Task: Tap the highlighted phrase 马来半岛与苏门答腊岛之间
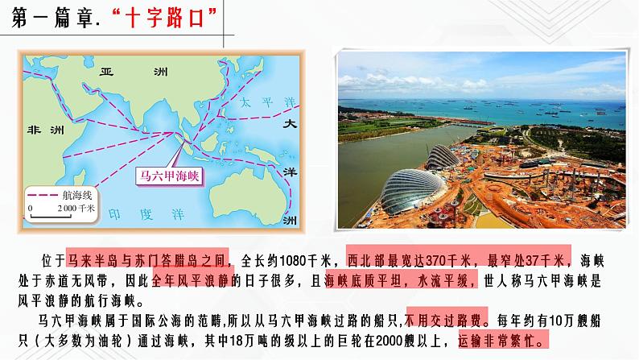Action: (148, 259)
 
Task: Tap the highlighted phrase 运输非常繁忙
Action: (501, 339)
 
